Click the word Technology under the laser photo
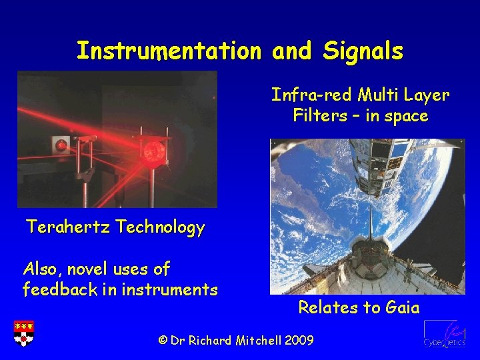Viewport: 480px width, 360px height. (x=160, y=228)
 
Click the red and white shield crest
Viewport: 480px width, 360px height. (x=24, y=333)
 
